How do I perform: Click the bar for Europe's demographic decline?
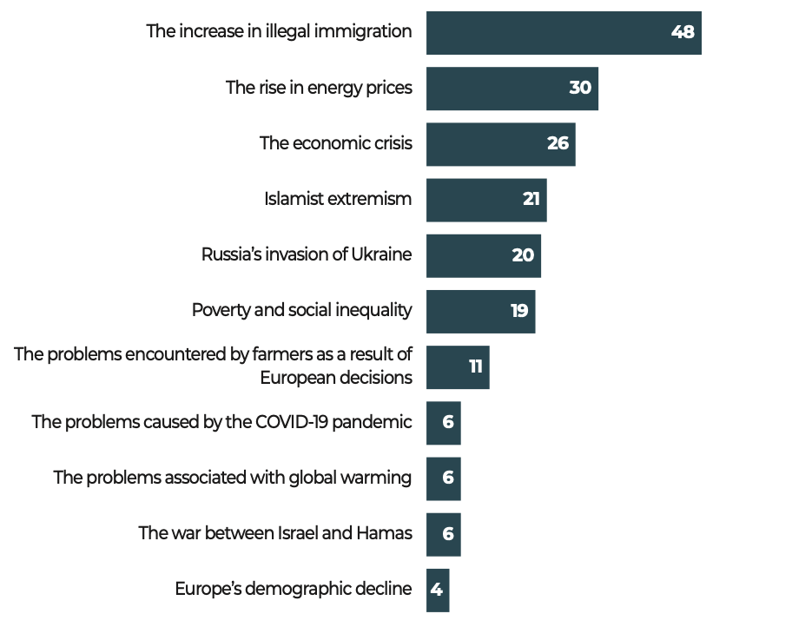click(438, 590)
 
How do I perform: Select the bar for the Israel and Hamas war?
click(443, 534)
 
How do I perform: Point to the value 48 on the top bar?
click(683, 33)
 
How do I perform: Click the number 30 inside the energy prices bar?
click(580, 89)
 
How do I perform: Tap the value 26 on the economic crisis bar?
click(558, 144)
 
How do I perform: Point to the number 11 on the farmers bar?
click(475, 366)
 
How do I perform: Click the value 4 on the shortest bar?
click(437, 590)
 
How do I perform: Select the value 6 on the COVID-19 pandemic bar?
click(448, 423)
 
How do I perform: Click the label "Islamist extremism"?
click(338, 199)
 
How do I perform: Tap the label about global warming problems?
click(232, 478)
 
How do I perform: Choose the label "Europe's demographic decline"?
click(293, 589)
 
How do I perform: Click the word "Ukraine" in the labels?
click(381, 254)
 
